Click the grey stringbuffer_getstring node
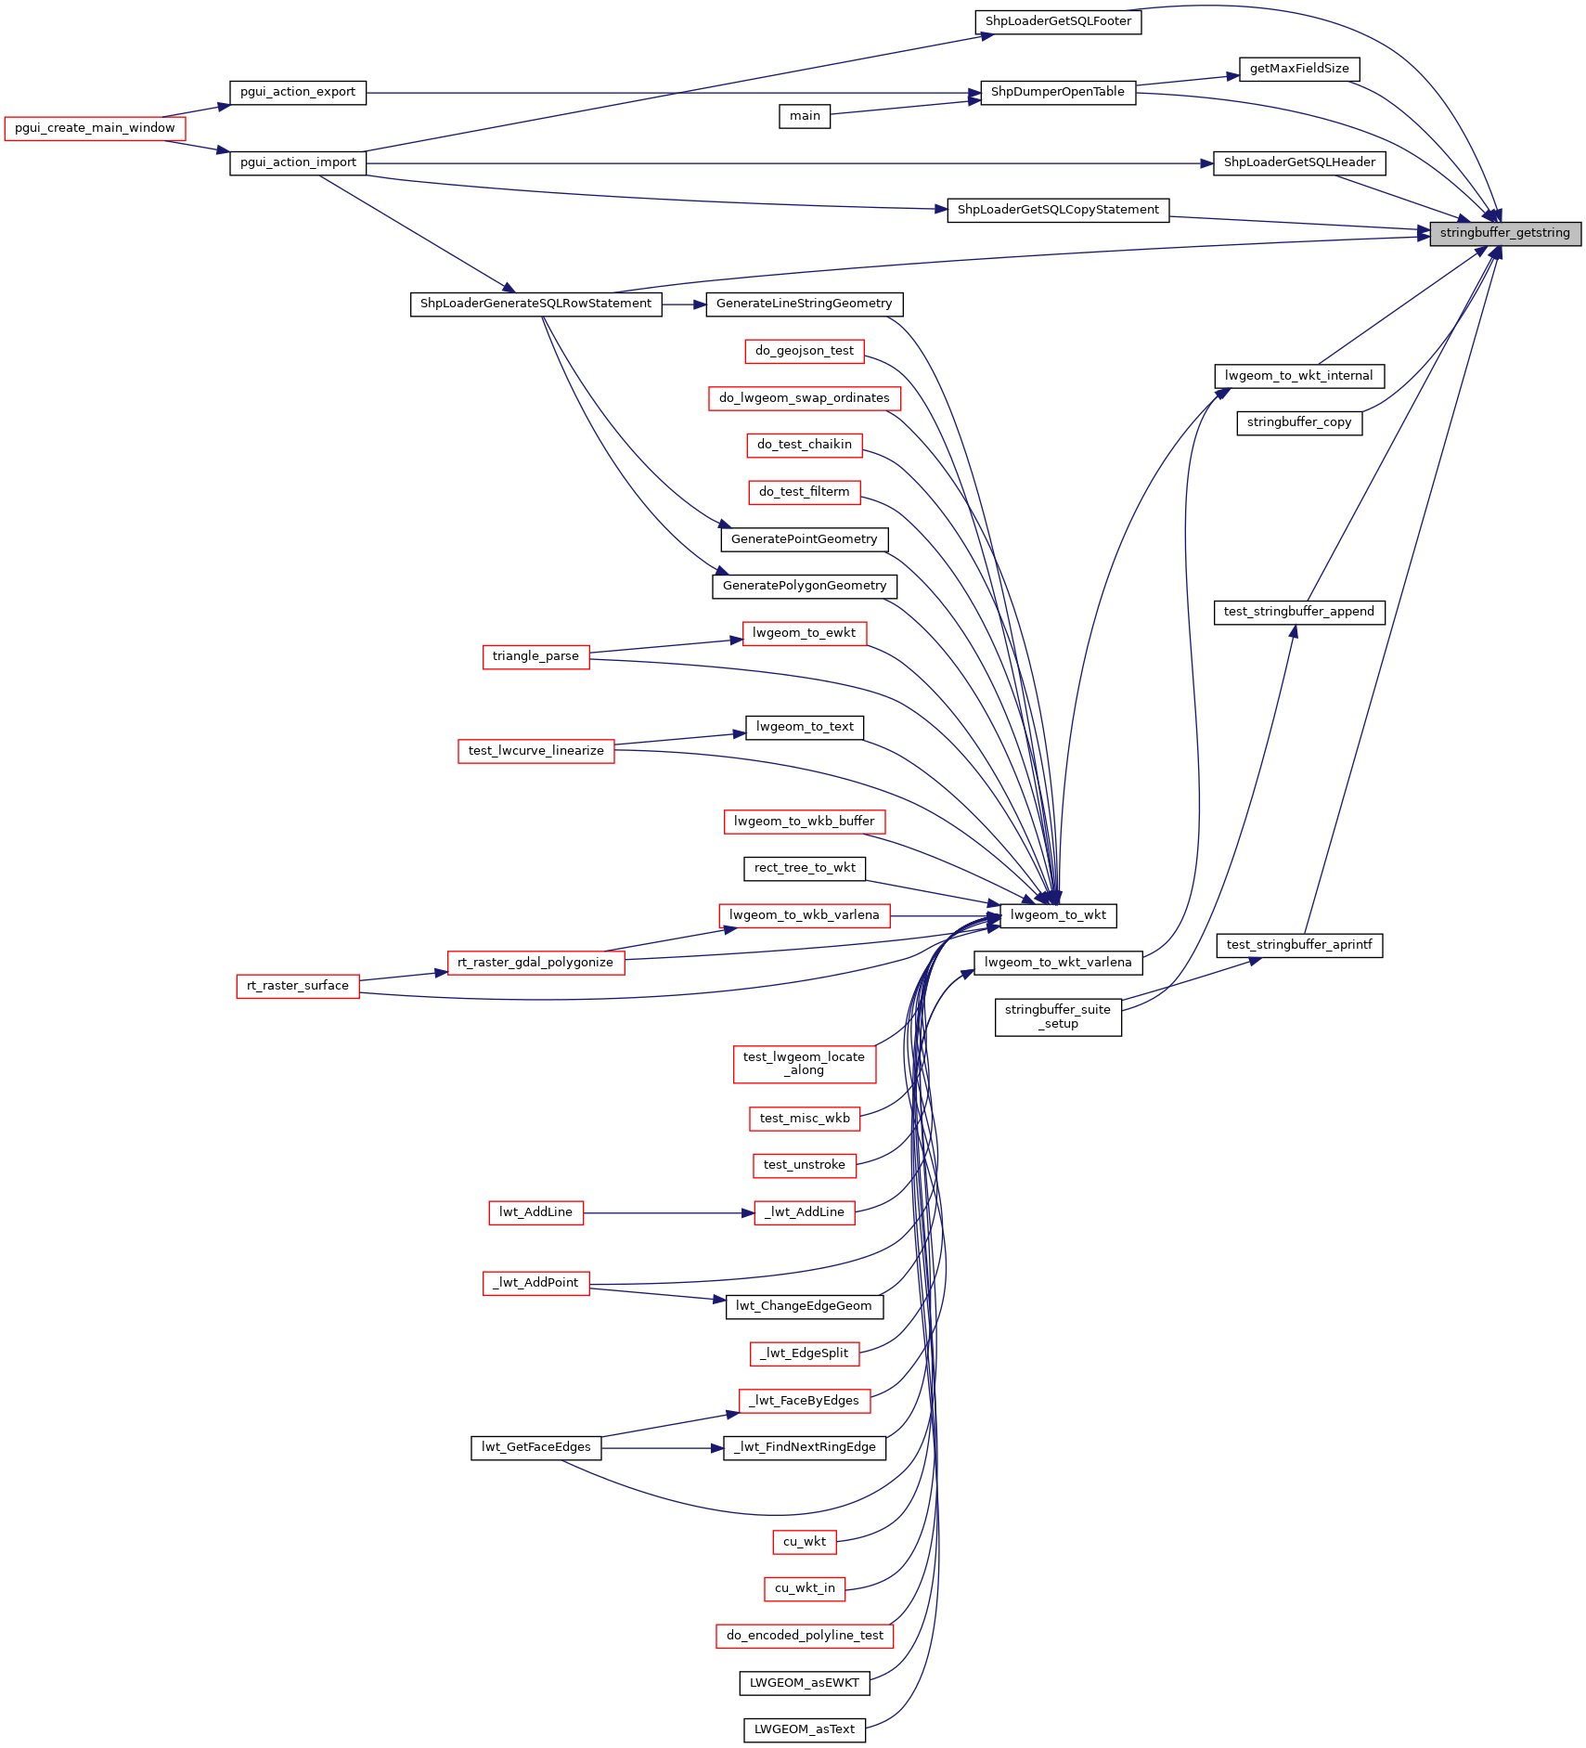coord(1504,233)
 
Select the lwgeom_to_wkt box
coord(1058,915)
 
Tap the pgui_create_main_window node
coord(95,128)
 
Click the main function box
coord(805,116)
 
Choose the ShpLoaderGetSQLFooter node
coord(1058,21)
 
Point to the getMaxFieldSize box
coord(1299,69)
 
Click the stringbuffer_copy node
coord(1299,422)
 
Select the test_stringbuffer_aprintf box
coord(1299,945)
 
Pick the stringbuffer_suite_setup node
coord(1058,1016)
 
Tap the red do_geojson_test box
coord(805,351)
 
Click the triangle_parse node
coord(535,656)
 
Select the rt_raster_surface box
coord(298,986)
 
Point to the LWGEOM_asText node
coord(805,1729)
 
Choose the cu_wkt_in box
coord(805,1588)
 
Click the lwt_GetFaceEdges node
coord(535,1447)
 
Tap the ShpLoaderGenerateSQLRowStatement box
coord(535,304)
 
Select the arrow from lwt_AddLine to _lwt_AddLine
coord(668,1212)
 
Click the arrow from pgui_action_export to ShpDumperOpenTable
coord(668,93)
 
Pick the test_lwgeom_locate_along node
coord(805,1064)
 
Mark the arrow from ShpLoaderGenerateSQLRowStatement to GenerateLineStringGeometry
coord(684,304)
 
